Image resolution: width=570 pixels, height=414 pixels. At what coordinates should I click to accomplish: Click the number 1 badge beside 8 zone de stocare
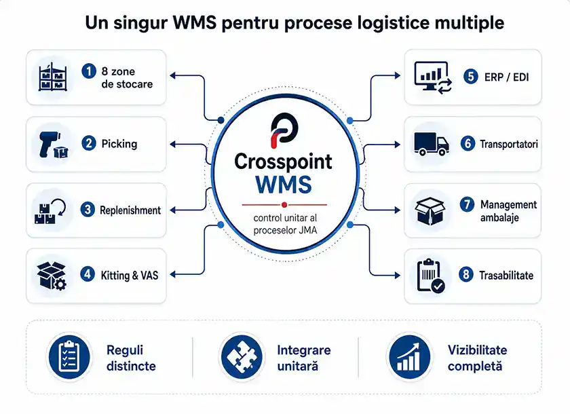tap(89, 71)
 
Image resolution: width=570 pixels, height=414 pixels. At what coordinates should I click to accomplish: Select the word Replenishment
tap(130, 210)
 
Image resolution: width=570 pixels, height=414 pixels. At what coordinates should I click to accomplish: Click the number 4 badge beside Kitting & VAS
tap(88, 274)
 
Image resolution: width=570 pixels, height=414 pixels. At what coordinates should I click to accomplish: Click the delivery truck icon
tap(432, 144)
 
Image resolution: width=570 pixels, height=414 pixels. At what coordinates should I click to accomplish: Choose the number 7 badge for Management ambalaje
tap(467, 204)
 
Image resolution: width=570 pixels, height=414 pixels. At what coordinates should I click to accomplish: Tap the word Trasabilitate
tap(506, 276)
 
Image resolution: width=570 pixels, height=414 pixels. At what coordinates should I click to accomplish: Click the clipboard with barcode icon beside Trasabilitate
tap(431, 275)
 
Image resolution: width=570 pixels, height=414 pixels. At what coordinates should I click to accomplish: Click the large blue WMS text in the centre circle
tap(284, 185)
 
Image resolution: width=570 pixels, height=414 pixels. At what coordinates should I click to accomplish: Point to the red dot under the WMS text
tap(284, 205)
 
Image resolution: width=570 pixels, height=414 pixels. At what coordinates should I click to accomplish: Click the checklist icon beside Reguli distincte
tap(69, 356)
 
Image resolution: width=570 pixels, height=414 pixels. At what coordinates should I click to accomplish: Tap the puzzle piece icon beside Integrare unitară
tap(242, 356)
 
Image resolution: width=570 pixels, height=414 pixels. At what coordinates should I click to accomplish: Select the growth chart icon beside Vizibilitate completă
tap(409, 356)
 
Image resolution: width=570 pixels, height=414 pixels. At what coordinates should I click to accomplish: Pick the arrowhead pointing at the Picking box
tap(172, 145)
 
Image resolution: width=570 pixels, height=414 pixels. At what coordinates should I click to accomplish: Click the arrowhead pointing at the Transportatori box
tap(398, 145)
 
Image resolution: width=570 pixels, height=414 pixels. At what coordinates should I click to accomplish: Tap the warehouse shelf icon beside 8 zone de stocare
tap(53, 77)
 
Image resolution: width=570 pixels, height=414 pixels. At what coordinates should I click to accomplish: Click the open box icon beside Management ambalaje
tap(430, 211)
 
